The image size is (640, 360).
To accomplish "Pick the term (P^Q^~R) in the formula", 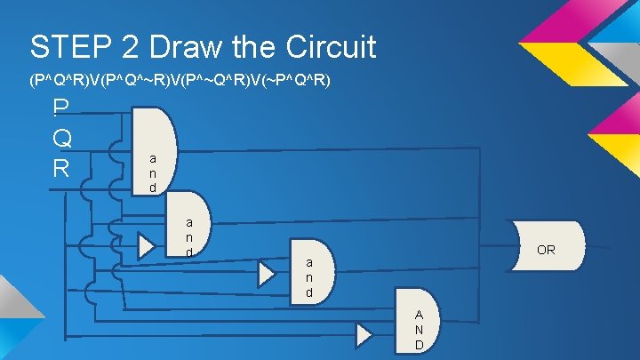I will (x=135, y=81).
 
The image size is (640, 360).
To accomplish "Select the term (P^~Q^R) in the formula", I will (x=213, y=81).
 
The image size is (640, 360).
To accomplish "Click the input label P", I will (x=60, y=108).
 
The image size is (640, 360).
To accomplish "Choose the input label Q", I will (x=61, y=138).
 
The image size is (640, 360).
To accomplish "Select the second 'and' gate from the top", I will (x=188, y=226).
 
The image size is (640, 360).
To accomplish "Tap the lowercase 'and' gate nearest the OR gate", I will (x=310, y=270).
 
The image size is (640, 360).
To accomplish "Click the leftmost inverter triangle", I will (x=146, y=246).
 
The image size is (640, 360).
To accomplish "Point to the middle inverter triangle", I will (x=267, y=274).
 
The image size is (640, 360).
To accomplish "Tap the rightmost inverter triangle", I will (x=364, y=334).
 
